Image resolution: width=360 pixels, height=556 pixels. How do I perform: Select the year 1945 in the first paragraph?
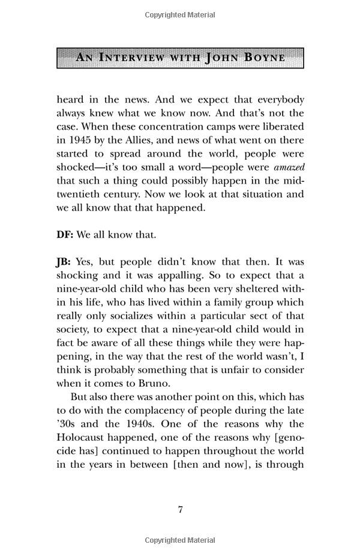79,140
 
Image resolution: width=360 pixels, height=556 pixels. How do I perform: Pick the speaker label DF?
65,235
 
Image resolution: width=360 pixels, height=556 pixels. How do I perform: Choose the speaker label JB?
64,262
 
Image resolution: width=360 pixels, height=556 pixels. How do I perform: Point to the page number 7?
180,510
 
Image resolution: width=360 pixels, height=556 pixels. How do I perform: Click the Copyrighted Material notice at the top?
180,14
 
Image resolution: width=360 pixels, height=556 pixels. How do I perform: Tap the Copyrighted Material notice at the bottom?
180,540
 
